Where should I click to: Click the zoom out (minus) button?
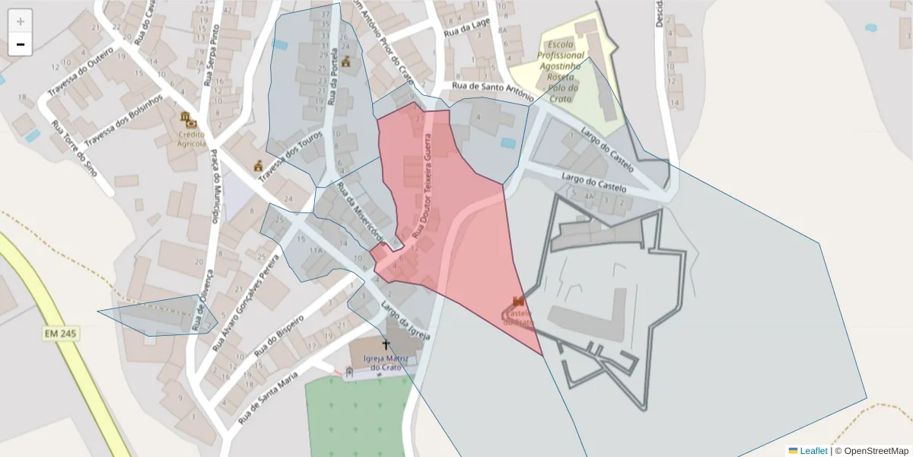pyautogui.click(x=21, y=44)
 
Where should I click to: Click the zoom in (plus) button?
pyautogui.click(x=21, y=21)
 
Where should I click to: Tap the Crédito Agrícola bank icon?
pyautogui.click(x=187, y=119)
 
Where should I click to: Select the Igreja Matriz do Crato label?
pyautogui.click(x=385, y=363)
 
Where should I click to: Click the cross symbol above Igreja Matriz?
pyautogui.click(x=385, y=345)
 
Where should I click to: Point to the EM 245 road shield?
pyautogui.click(x=61, y=334)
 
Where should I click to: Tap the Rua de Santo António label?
pyautogui.click(x=492, y=90)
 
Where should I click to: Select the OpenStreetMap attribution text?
pyautogui.click(x=871, y=451)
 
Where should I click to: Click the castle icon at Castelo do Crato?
pyautogui.click(x=519, y=302)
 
